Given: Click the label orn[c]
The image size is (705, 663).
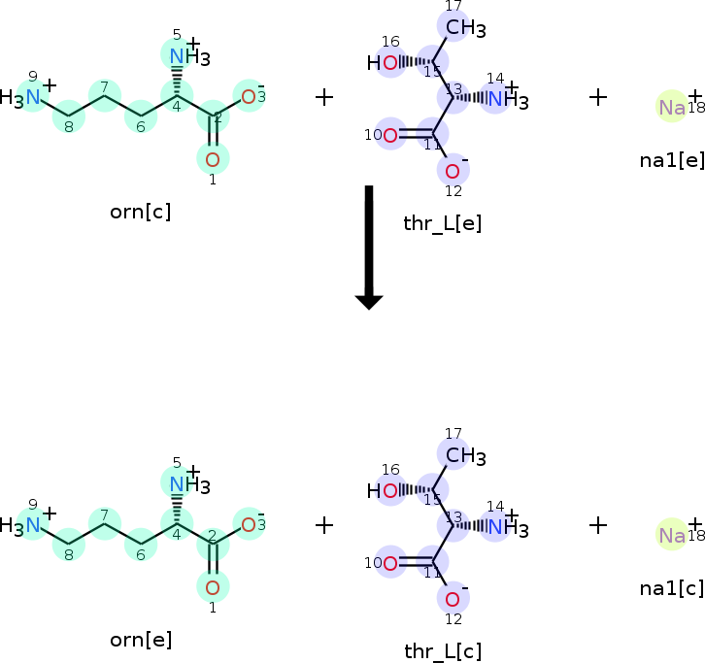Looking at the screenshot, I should coord(141,212).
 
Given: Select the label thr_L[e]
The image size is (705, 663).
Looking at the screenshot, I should coord(442,223).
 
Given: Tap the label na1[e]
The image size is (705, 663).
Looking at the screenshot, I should coord(672,159).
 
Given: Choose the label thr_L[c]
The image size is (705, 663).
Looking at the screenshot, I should coord(443,651).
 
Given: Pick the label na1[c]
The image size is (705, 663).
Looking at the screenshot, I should coord(672,587).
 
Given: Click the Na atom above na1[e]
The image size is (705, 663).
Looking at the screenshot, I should coord(672,107).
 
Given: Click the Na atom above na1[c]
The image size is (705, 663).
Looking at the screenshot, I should coord(672,535).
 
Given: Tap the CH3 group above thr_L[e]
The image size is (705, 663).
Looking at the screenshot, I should coord(464,28).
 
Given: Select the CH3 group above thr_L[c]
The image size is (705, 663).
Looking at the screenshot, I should coord(464,455).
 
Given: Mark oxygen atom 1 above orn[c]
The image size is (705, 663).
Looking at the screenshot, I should coord(213,157).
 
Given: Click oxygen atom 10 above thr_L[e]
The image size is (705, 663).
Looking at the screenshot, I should coord(390,135).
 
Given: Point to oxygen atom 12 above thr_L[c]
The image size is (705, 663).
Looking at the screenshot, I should coord(453,599).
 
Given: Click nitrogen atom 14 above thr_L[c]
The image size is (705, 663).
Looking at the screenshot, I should coord(496,527).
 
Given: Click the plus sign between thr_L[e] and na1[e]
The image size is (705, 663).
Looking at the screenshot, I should coord(598,97).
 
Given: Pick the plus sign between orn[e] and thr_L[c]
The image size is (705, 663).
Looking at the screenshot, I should coord(324,525).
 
